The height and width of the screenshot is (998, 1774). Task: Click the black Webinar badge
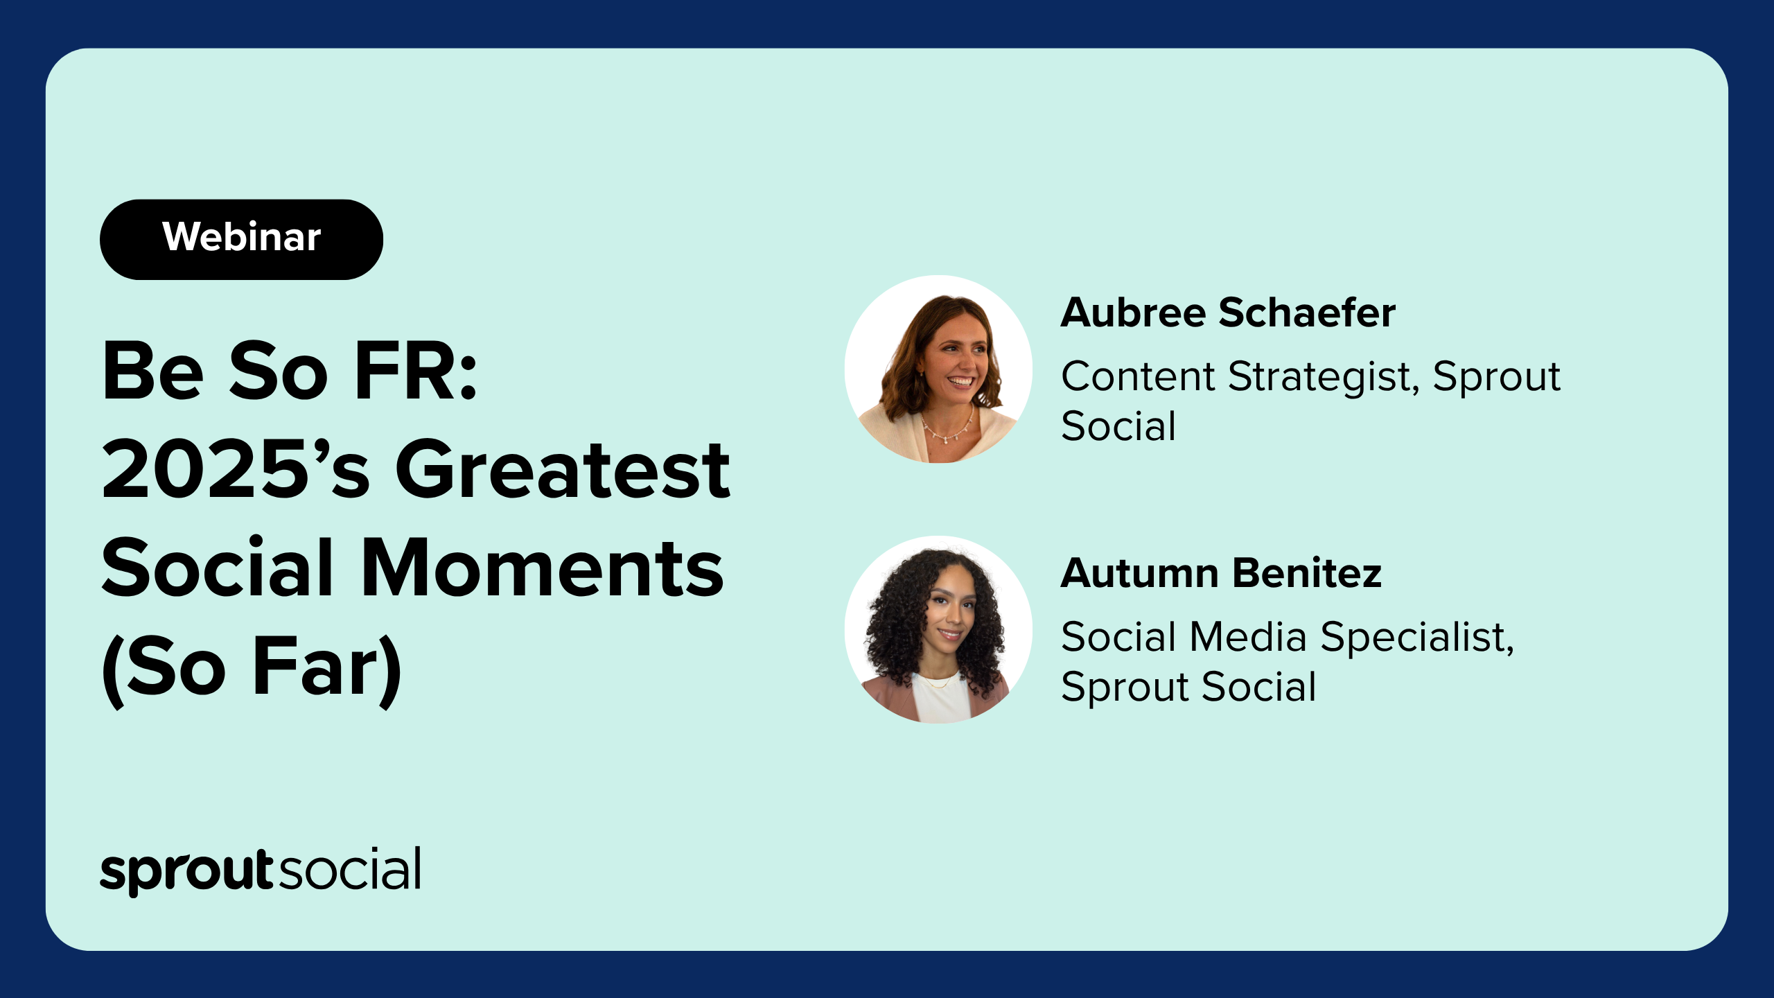(x=241, y=239)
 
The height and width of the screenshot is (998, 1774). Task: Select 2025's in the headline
(x=236, y=469)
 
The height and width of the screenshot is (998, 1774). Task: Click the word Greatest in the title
(x=562, y=469)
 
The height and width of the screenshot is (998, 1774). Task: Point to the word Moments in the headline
(x=542, y=568)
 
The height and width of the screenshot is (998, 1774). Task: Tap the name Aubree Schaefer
(x=1228, y=313)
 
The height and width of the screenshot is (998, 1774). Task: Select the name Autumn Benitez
(x=1221, y=573)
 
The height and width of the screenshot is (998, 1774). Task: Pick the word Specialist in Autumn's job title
(x=1417, y=638)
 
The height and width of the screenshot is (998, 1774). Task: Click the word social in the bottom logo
(x=350, y=868)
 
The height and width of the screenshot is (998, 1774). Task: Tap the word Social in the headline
(x=218, y=568)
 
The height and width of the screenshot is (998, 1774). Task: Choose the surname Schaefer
(x=1307, y=313)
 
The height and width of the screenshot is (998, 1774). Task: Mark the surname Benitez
(x=1307, y=573)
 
